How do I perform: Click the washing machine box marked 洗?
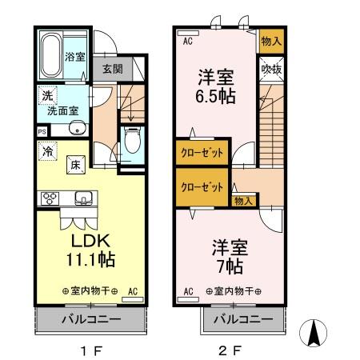46,95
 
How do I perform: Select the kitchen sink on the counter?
82,198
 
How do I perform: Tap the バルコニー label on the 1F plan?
91,319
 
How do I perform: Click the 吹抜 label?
270,70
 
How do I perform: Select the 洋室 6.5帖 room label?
214,87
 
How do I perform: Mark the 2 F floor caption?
231,350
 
